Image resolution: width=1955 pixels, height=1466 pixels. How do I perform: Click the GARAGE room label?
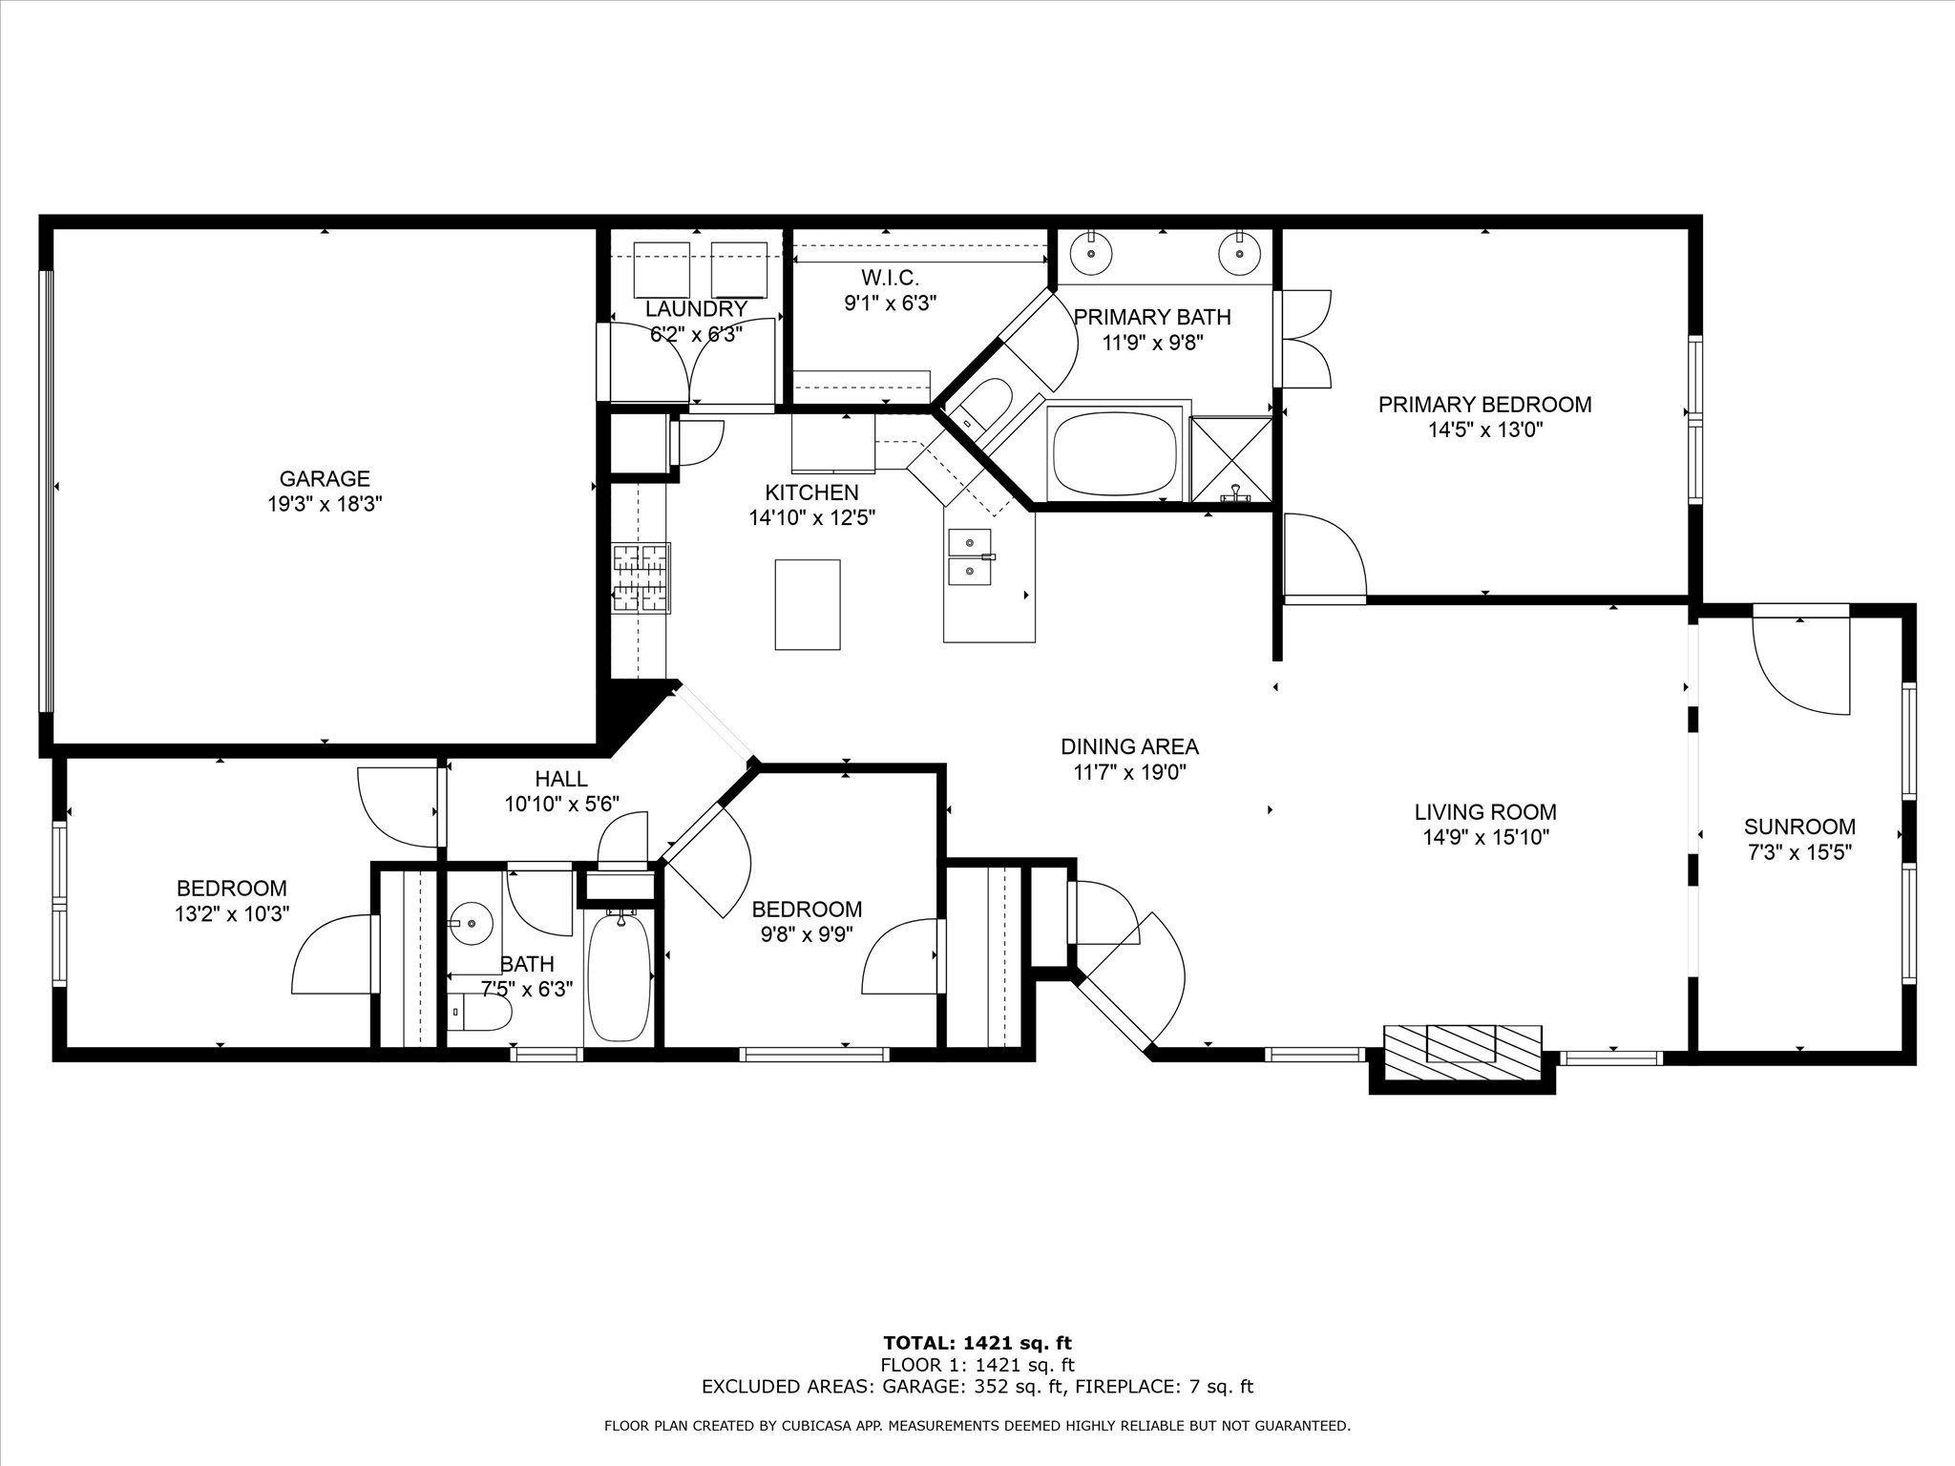(325, 479)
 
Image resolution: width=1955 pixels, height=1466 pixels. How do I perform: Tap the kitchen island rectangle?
(808, 604)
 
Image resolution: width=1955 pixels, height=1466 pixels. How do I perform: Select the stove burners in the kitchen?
(641, 576)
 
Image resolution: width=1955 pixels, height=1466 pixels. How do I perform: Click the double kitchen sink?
(970, 556)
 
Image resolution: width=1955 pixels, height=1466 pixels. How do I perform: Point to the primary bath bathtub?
(1115, 452)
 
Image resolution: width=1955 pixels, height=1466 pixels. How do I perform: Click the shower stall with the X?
(1231, 458)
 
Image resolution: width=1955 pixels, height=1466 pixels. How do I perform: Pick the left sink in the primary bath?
(1091, 254)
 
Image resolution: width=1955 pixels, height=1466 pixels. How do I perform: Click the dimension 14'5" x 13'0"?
(1484, 430)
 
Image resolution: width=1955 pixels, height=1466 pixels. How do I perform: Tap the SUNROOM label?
(1799, 827)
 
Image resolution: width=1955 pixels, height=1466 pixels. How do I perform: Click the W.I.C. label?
(890, 278)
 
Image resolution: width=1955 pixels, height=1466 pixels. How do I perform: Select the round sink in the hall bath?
(470, 923)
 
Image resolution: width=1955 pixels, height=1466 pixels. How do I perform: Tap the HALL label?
(561, 779)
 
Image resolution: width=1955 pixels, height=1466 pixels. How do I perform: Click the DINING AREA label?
(1129, 746)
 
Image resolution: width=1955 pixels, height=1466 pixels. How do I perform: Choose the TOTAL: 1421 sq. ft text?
(977, 1344)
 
